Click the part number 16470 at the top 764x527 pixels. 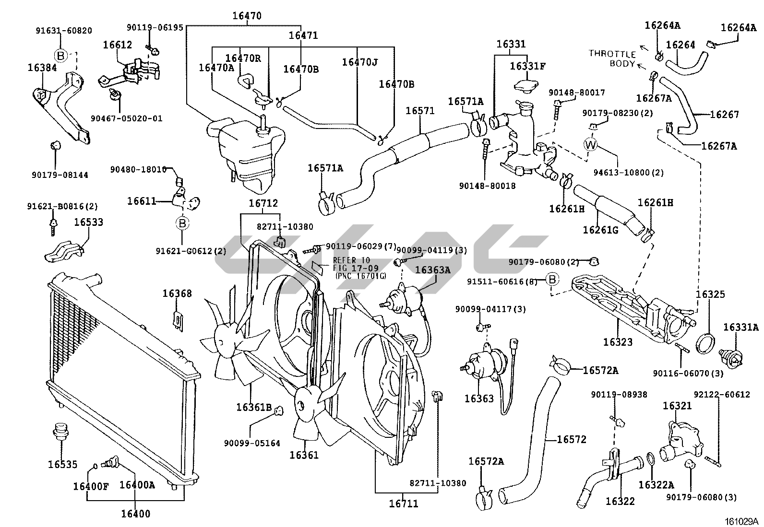tap(247, 15)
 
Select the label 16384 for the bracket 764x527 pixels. tap(42, 68)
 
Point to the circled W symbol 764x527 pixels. tap(590, 144)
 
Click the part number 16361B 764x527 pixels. tap(254, 407)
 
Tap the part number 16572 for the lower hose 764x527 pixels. tap(572, 439)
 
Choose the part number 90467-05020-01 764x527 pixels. tap(127, 118)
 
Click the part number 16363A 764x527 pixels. tap(432, 270)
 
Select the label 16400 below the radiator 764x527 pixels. tap(135, 514)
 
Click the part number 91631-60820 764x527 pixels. tap(64, 30)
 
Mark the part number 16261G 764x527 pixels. tap(600, 230)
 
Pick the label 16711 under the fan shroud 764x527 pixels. tap(403, 504)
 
